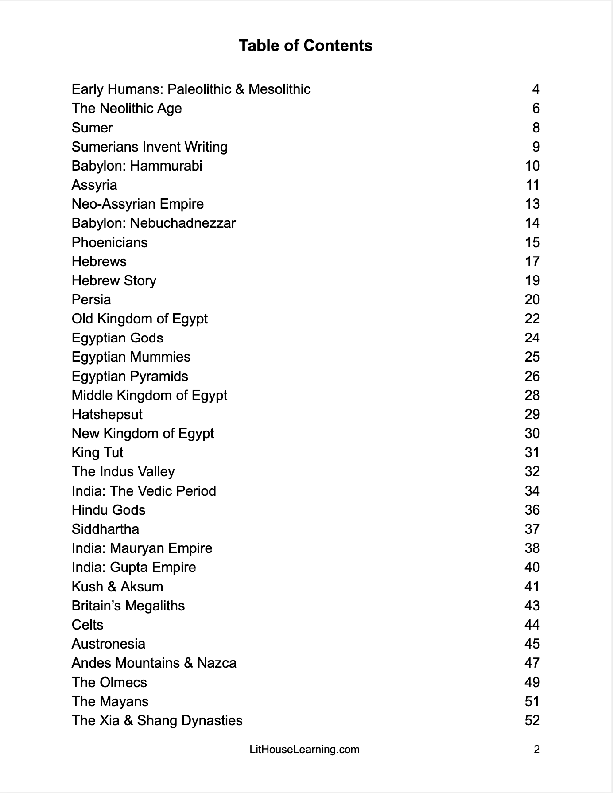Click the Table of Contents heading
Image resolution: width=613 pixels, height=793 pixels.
(306, 46)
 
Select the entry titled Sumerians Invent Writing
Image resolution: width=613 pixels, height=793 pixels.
(149, 147)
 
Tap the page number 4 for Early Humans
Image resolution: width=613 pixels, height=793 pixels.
(535, 89)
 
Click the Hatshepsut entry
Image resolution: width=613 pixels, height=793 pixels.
(107, 415)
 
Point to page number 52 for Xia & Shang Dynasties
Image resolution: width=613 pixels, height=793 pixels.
(532, 720)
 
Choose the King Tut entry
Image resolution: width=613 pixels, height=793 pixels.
(97, 453)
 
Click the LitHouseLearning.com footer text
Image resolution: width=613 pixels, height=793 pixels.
(305, 750)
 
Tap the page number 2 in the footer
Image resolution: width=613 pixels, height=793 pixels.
(536, 750)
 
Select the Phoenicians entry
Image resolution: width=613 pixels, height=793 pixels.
(109, 242)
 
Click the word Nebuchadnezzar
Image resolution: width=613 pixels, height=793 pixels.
(183, 223)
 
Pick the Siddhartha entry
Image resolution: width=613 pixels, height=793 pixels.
(105, 529)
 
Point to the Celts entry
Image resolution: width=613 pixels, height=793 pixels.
(87, 625)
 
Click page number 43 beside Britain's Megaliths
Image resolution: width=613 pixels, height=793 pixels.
(532, 606)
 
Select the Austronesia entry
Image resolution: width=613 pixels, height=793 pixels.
(108, 644)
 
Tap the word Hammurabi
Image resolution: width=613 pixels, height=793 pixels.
(166, 166)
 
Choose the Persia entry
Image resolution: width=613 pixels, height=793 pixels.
(91, 299)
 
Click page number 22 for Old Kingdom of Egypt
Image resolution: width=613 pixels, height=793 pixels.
(532, 319)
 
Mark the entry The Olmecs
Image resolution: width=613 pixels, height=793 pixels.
(109, 682)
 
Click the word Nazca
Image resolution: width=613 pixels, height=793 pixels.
(217, 663)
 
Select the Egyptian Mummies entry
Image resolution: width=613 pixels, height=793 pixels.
(131, 357)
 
